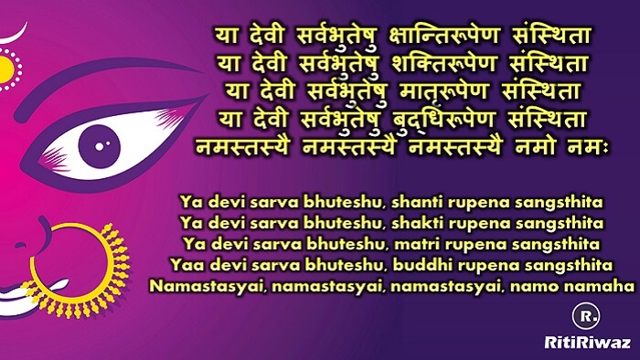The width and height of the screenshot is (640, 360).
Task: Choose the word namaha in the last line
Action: (x=607, y=287)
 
